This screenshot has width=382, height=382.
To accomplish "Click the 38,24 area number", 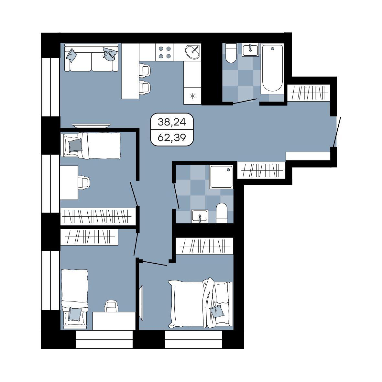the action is tap(172, 122).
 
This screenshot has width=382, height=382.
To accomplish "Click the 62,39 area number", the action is tap(172, 138).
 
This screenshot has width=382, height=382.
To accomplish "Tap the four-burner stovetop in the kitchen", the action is tap(165, 52).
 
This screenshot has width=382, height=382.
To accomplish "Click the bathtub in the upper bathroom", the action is tap(272, 69).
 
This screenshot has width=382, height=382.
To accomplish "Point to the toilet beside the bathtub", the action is tap(231, 53).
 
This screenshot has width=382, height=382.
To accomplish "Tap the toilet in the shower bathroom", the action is tap(222, 213).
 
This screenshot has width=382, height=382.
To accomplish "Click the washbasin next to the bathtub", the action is tap(250, 50).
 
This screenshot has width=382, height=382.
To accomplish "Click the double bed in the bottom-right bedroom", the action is tap(201, 303).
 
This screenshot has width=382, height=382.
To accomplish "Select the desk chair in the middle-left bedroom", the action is tap(84, 182).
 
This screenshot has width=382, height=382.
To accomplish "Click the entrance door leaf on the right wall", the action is tap(337, 132).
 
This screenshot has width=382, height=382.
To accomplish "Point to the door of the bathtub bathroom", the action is tap(245, 101).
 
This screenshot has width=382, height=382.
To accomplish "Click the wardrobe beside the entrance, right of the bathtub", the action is tap(309, 93).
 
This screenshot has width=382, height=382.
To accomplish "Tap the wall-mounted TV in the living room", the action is tap(91, 126).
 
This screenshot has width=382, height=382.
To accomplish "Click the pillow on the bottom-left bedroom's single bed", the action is tap(75, 314).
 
